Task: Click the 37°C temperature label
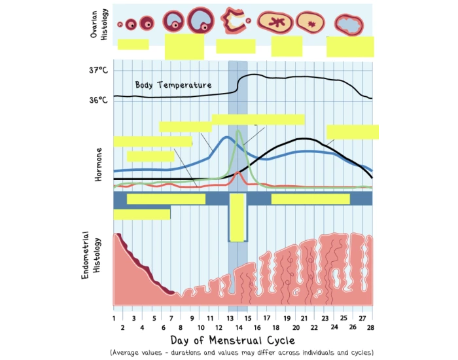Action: pos(99,70)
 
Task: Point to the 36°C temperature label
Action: pos(99,100)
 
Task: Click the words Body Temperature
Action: pos(173,85)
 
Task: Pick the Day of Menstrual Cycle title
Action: pos(232,340)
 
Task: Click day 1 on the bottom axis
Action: pos(114,317)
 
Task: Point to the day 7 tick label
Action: pos(171,317)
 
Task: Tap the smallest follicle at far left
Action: pos(120,25)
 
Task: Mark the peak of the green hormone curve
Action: pos(238,131)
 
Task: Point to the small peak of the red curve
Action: pos(237,173)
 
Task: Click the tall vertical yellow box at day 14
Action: pos(237,218)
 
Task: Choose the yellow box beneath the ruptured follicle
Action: pos(236,46)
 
